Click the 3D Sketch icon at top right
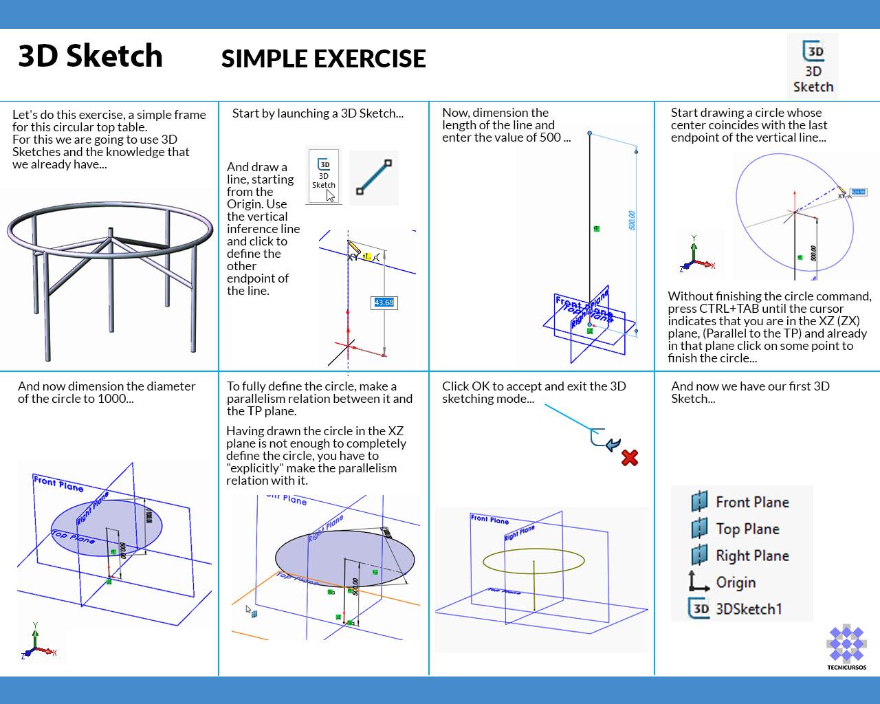[813, 67]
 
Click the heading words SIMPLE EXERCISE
[323, 59]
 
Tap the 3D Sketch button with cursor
[324, 176]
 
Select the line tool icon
[374, 178]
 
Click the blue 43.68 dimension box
[384, 302]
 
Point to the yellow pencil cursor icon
[354, 247]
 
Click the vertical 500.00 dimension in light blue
[632, 220]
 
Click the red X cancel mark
[629, 457]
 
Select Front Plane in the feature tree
[751, 503]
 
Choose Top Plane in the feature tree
[747, 529]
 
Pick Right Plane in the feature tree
[751, 555]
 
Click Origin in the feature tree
[735, 582]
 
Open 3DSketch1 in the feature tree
[748, 609]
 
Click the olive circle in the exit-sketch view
[534, 562]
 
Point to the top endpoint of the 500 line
[590, 133]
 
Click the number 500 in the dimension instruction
[550, 137]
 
